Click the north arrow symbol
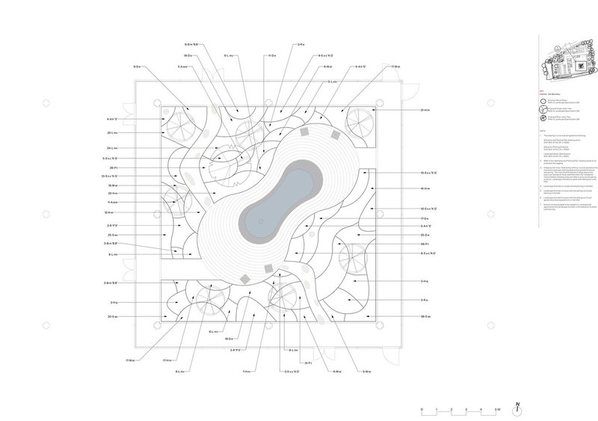point(517,408)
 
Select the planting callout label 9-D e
point(138,67)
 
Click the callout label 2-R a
point(300,46)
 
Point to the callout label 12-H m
point(113,212)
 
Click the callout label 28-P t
point(114,168)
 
